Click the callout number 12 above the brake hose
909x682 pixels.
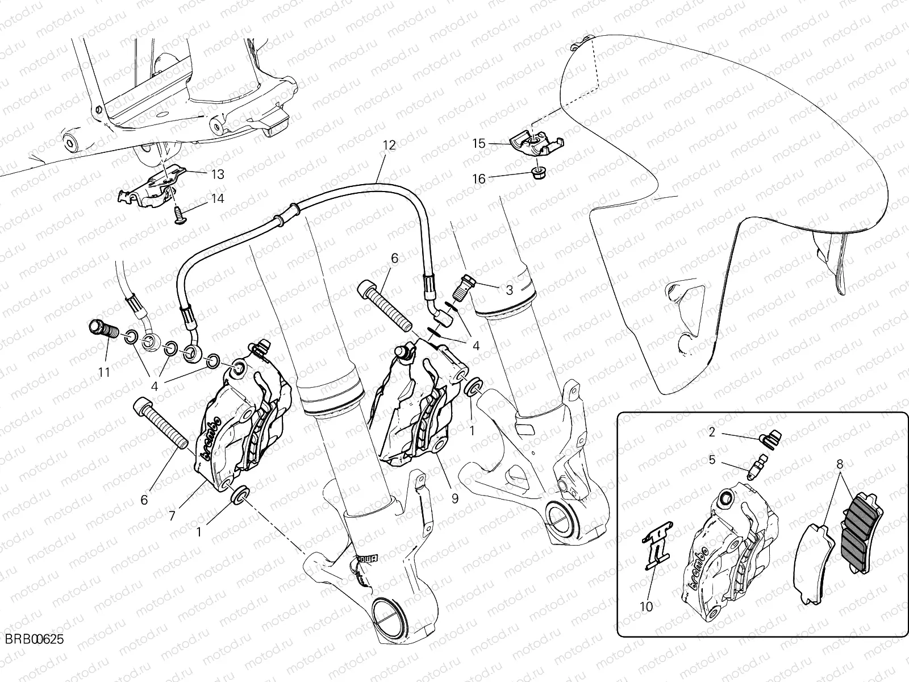tap(389, 145)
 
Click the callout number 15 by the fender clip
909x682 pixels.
tap(479, 143)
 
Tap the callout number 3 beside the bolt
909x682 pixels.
tap(510, 290)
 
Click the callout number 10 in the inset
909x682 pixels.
tap(646, 606)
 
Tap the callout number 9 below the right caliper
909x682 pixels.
tap(454, 499)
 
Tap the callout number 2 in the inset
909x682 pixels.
tap(711, 433)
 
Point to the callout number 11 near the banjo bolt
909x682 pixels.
tap(103, 373)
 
